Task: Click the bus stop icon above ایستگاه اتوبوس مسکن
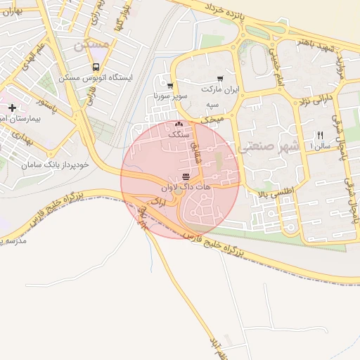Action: (x=95, y=67)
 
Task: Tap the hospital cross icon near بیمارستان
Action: (x=12, y=108)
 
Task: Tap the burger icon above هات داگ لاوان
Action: (x=186, y=176)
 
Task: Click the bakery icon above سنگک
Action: (x=176, y=124)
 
